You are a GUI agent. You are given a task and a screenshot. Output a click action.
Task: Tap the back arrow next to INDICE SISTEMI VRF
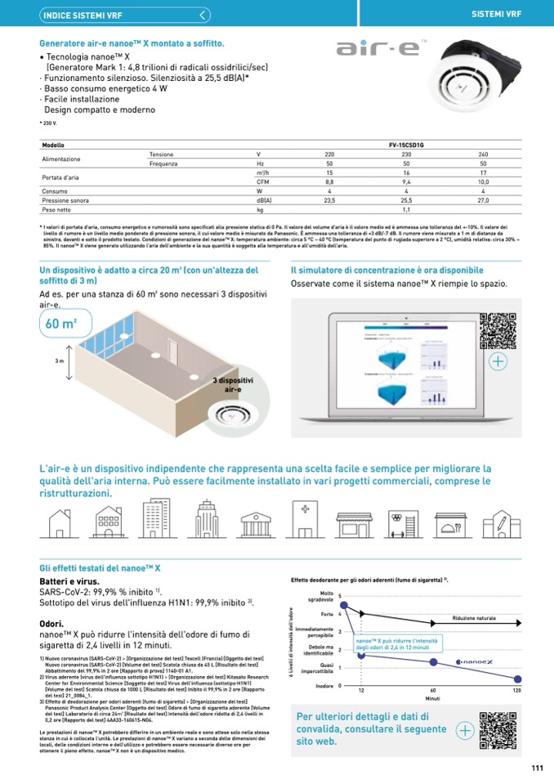203,15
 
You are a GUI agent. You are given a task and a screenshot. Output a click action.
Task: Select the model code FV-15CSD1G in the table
406,144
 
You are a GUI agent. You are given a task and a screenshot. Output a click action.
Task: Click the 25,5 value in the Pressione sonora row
406,199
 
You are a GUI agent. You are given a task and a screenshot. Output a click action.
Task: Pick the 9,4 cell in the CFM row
406,182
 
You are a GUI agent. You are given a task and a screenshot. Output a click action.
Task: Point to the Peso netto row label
57,208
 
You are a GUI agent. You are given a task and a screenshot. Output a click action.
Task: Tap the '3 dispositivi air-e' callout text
233,385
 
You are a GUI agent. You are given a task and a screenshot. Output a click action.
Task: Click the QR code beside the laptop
498,330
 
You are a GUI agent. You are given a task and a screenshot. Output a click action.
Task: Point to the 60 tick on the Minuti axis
434,691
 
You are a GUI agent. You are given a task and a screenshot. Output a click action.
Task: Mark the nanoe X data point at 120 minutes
517,679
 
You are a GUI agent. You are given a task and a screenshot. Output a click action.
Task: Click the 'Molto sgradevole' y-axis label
326,596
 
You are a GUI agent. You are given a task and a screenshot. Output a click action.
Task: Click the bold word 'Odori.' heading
53,623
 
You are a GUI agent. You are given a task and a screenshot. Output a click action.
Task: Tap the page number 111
537,767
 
